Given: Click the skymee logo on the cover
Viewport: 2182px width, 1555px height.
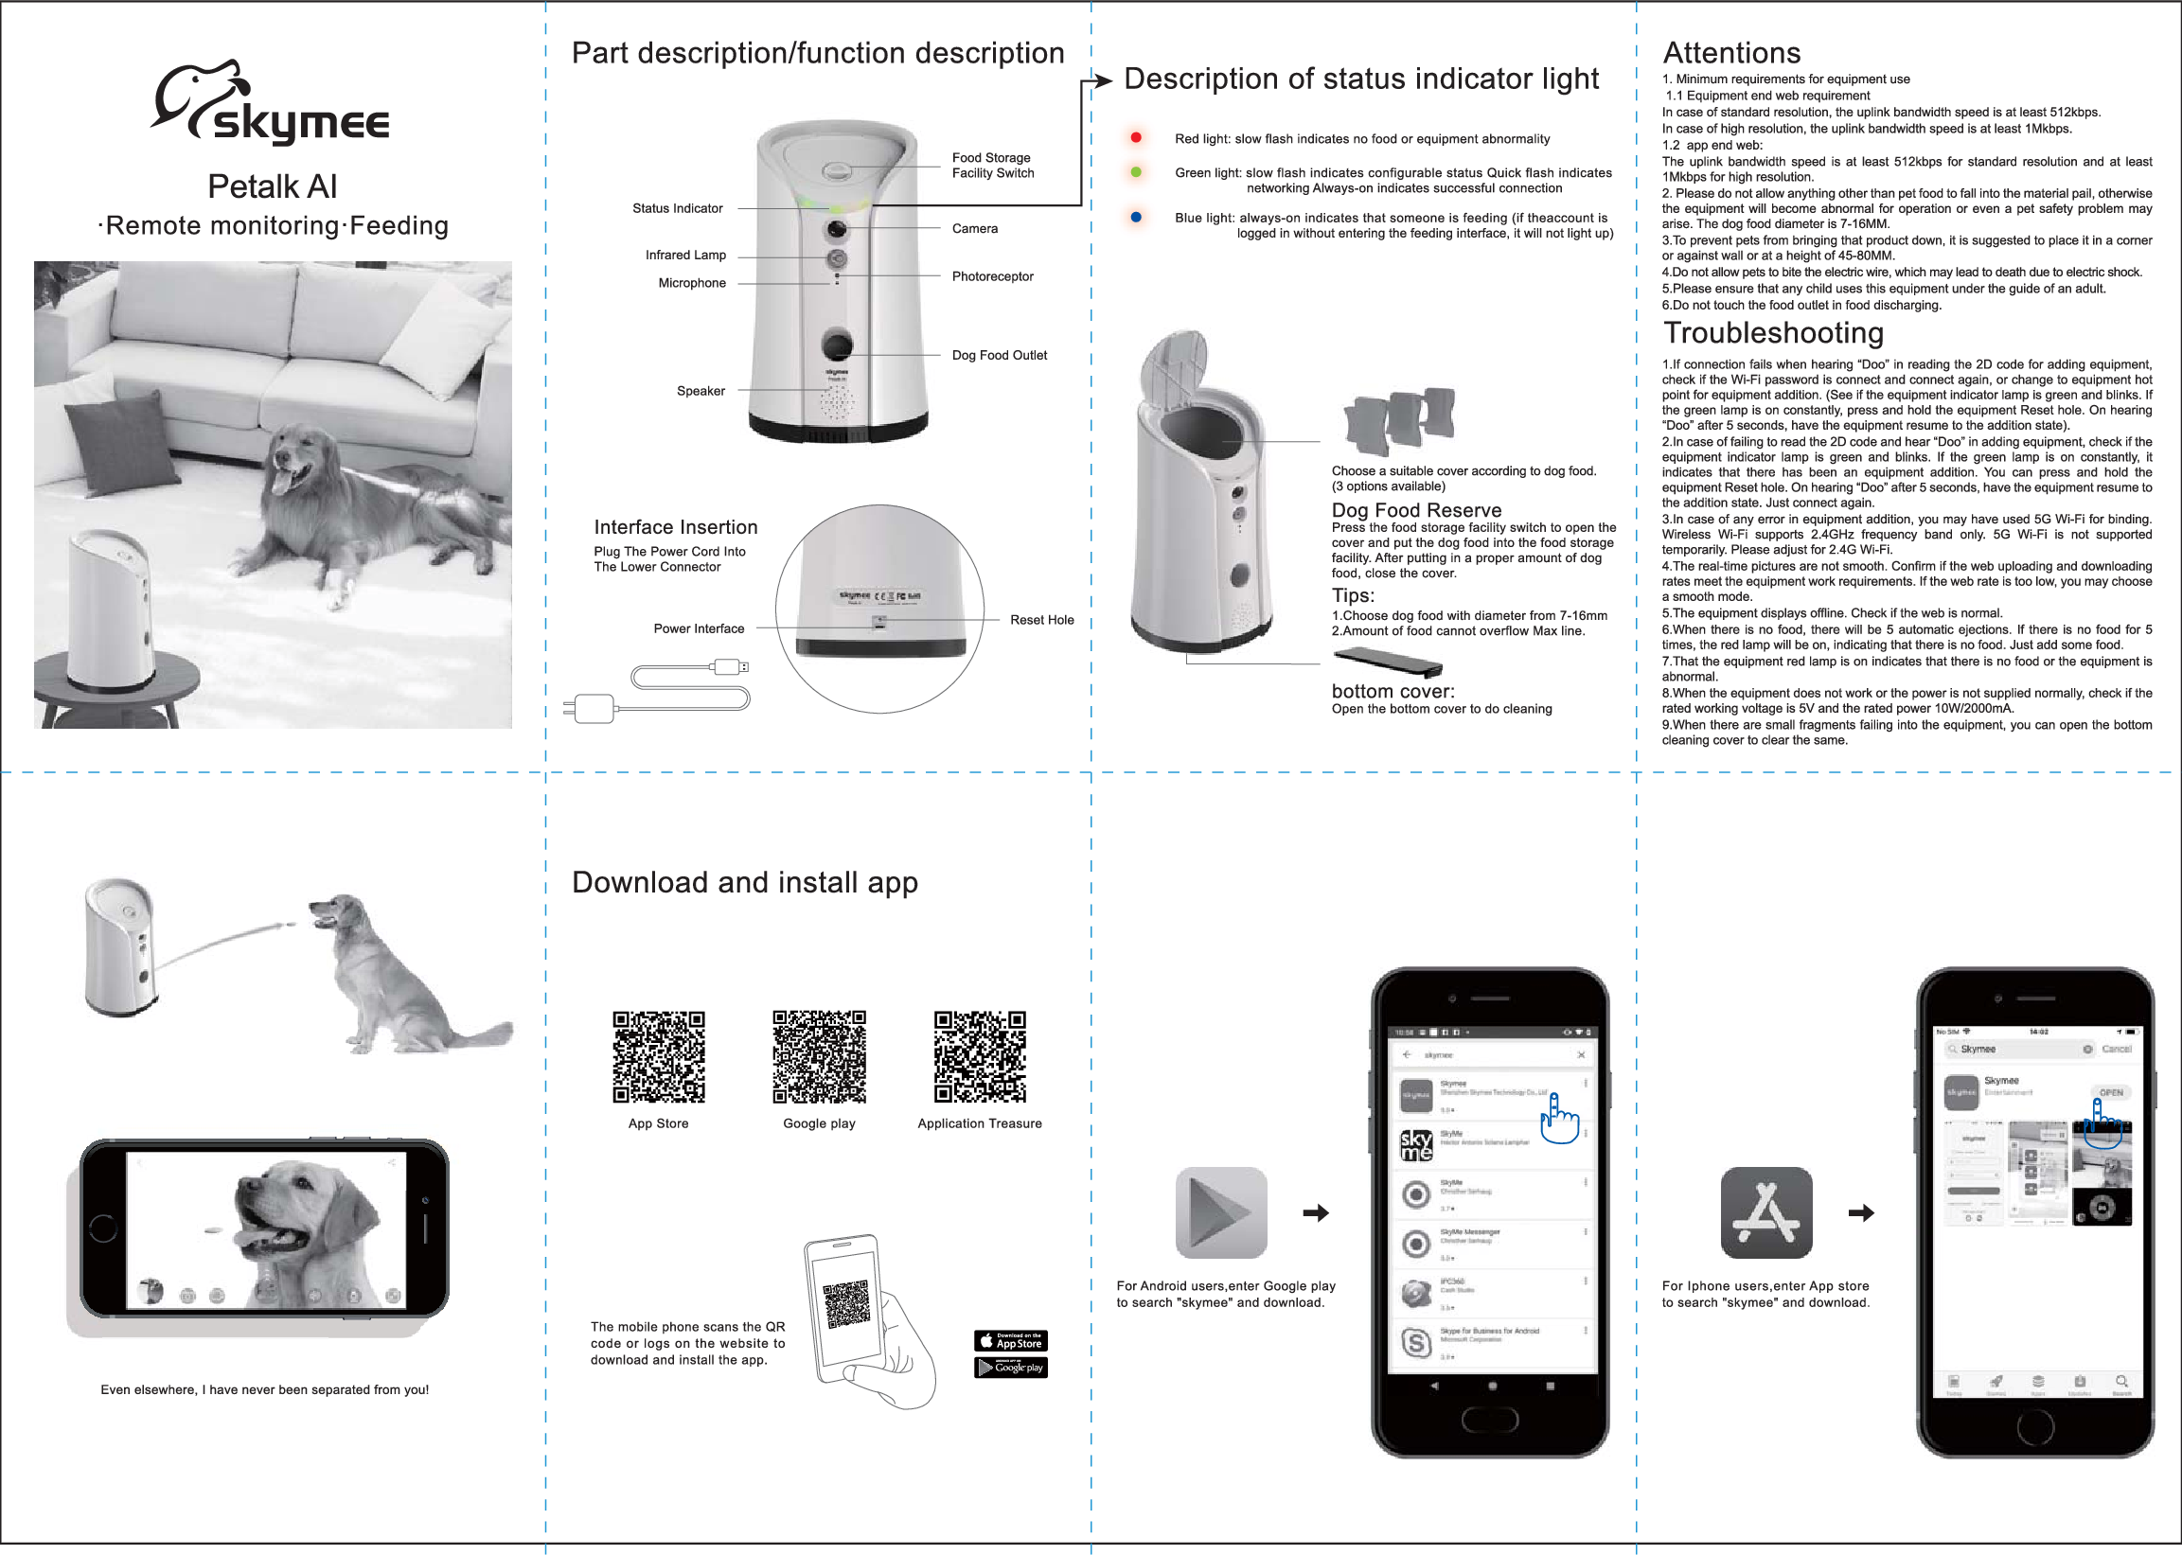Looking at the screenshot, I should [x=271, y=105].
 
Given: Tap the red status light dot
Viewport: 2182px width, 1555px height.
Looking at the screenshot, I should [x=1136, y=138].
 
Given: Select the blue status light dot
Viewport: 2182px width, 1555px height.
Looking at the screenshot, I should [x=1136, y=218].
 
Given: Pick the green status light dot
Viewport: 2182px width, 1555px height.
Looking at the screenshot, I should [x=1136, y=172].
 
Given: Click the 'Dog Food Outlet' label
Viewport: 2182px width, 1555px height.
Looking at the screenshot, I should [x=999, y=355].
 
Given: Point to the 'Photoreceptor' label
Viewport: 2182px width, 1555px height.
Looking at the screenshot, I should [x=992, y=276].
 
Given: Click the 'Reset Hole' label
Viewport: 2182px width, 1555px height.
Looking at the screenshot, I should [x=1041, y=621].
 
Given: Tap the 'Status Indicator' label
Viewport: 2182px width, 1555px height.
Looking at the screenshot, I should [x=677, y=209].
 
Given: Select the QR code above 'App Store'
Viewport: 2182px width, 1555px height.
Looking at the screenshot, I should [x=659, y=1057].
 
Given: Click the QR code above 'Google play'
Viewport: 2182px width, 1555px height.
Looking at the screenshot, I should [x=820, y=1057].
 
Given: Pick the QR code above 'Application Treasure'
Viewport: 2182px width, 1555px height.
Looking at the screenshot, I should [x=980, y=1057].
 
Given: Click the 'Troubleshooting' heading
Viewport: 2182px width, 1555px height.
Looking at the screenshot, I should [x=1773, y=333].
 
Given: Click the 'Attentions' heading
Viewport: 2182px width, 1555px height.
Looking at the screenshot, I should [x=1731, y=53].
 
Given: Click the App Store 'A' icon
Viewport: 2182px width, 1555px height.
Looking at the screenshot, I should [x=1765, y=1213].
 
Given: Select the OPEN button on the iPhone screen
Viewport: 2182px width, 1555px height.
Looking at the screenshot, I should [x=2110, y=1092].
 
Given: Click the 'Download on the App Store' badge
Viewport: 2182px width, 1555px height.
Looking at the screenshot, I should [x=1010, y=1340].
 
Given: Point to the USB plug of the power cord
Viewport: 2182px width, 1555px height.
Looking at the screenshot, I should [x=732, y=667].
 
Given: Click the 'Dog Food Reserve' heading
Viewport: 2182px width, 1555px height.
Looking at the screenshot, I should [x=1416, y=510].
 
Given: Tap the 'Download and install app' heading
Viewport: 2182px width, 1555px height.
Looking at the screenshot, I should [x=744, y=882].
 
